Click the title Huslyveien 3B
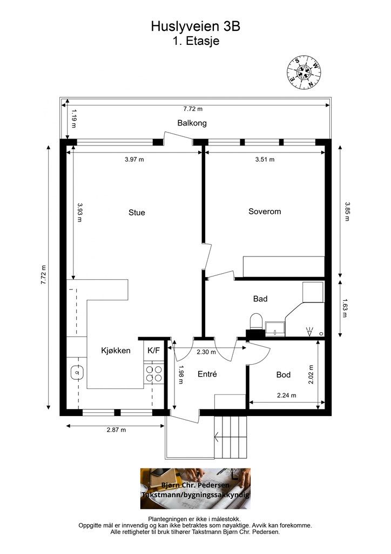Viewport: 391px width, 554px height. [195, 26]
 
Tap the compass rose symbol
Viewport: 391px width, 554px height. [304, 72]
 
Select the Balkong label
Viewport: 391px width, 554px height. [192, 123]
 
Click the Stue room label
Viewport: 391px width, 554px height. [137, 212]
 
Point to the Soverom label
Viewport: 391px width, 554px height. [265, 212]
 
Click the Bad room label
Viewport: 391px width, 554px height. [260, 299]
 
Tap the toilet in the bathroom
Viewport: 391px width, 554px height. [257, 321]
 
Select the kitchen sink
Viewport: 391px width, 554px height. [77, 372]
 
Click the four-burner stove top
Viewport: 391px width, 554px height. [154, 374]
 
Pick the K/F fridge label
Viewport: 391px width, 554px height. [154, 351]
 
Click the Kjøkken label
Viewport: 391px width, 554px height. [116, 351]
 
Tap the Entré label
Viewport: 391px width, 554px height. [207, 374]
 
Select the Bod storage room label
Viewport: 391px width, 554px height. [284, 374]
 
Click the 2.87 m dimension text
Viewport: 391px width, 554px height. [116, 430]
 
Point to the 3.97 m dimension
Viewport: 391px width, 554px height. [134, 160]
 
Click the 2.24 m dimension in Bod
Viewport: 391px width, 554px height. [287, 395]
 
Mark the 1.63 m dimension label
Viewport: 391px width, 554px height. [345, 308]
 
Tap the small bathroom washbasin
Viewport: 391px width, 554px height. [275, 328]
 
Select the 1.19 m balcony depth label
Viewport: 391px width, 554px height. [74, 118]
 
